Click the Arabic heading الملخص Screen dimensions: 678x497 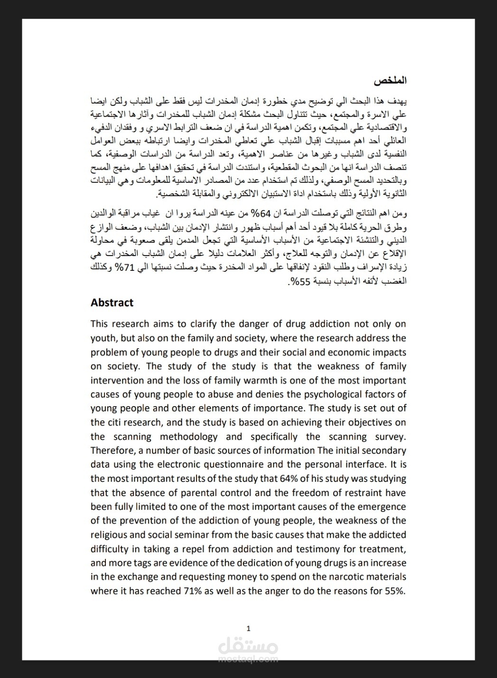pyautogui.click(x=390, y=80)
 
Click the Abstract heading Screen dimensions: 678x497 pyautogui.click(x=112, y=303)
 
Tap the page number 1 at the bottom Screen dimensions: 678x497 pyautogui.click(x=249, y=629)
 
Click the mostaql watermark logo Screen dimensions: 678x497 pyautogui.click(x=249, y=649)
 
